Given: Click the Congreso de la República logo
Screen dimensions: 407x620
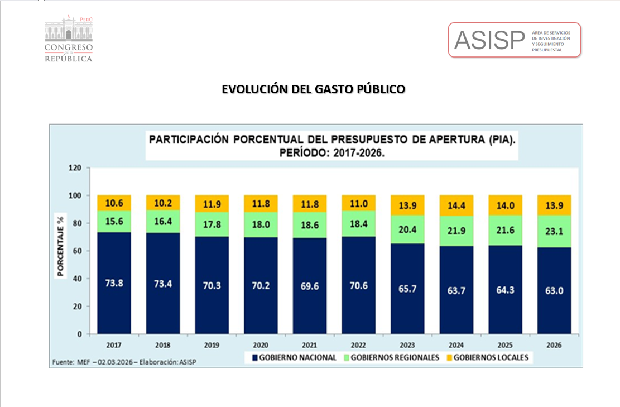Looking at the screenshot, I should pyautogui.click(x=68, y=39).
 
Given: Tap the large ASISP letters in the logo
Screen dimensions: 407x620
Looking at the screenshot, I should pyautogui.click(x=489, y=40).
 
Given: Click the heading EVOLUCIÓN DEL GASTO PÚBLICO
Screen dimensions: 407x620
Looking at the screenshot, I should pyautogui.click(x=313, y=89).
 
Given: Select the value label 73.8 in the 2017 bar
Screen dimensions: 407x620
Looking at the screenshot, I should pyautogui.click(x=114, y=282).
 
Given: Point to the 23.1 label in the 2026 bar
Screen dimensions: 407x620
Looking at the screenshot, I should pyautogui.click(x=554, y=232).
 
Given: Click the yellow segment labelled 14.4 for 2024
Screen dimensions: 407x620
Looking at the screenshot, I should pyautogui.click(x=456, y=205).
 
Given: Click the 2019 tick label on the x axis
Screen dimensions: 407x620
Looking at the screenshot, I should pyautogui.click(x=212, y=345).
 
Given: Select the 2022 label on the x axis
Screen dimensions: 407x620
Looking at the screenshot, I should pyautogui.click(x=359, y=345).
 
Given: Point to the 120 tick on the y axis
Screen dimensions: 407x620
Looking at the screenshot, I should pyautogui.click(x=75, y=168).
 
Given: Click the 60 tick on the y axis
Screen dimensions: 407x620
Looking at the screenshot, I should pyautogui.click(x=77, y=251).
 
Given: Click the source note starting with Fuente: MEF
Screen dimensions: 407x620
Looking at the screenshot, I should pyautogui.click(x=124, y=362).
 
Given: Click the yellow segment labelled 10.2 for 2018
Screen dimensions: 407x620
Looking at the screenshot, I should pyautogui.click(x=163, y=203).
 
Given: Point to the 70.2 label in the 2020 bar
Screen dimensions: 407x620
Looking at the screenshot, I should pyautogui.click(x=261, y=286).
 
